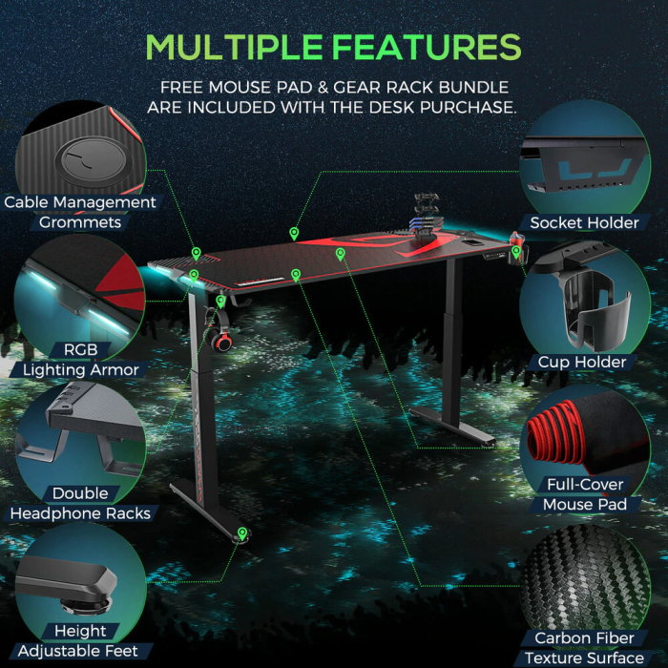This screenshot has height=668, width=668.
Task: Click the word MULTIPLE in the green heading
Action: click(x=234, y=47)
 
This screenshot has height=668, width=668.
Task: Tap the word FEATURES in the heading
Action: click(x=427, y=47)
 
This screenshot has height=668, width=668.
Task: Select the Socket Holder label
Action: click(x=584, y=222)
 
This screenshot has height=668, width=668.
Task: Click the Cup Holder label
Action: click(x=582, y=362)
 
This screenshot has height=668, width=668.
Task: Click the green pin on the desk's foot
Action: click(x=242, y=533)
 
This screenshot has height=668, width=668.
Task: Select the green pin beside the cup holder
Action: click(x=516, y=251)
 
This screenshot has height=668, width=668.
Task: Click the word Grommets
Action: click(x=80, y=222)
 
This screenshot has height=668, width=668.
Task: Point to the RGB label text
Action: click(x=80, y=350)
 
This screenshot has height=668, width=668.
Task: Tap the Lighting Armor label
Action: click(x=81, y=370)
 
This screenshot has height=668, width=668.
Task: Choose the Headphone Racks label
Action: click(x=80, y=513)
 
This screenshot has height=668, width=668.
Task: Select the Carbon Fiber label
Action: click(x=584, y=638)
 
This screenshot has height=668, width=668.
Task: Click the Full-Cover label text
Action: click(x=585, y=485)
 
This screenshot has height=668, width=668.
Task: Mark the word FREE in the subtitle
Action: click(x=181, y=88)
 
